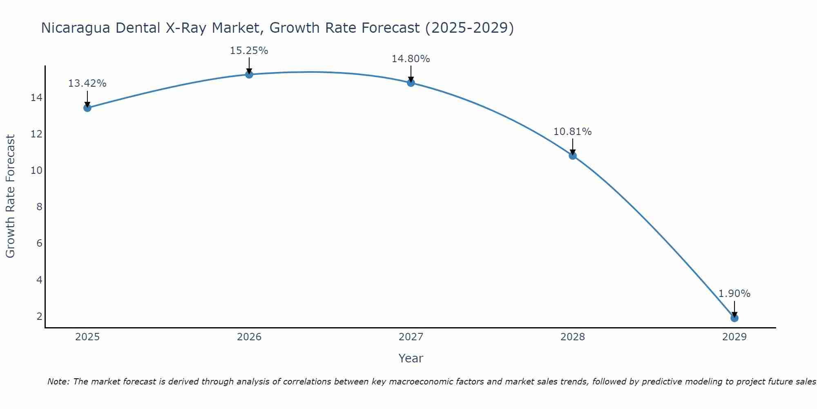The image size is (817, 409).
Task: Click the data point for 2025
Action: click(x=87, y=108)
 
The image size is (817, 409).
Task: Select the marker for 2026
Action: click(x=249, y=74)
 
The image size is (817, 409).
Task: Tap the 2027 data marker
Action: click(x=411, y=83)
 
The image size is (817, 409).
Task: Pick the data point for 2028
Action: click(x=572, y=155)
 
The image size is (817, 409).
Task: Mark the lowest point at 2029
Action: click(x=734, y=318)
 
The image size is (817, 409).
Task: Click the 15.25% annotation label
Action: click(x=249, y=51)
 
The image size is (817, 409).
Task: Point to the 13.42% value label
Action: click(x=87, y=83)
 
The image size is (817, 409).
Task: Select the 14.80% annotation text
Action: click(x=411, y=59)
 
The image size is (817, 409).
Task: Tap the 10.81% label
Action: click(x=572, y=132)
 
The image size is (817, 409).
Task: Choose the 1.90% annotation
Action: click(x=734, y=294)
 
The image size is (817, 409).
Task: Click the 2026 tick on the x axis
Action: click(x=249, y=337)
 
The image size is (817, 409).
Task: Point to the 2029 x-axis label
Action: click(x=734, y=337)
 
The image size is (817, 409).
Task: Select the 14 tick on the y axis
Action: click(x=36, y=98)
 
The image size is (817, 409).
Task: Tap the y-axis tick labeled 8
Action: click(x=39, y=207)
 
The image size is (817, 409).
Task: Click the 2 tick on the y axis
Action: click(x=39, y=316)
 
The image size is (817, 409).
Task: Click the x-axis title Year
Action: click(x=411, y=358)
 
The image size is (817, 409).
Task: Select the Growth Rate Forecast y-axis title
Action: click(x=10, y=196)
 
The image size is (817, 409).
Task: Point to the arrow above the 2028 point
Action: click(x=572, y=146)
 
